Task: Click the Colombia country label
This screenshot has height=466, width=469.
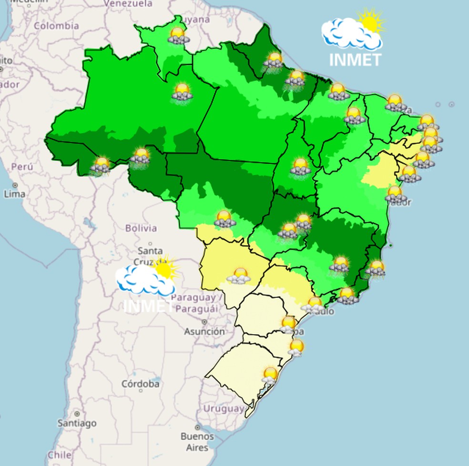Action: pyautogui.click(x=56, y=26)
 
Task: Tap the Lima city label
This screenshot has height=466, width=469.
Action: pyautogui.click(x=14, y=194)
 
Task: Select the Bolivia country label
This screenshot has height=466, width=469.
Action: pyautogui.click(x=141, y=228)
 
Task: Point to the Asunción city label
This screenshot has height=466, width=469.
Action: pyautogui.click(x=204, y=331)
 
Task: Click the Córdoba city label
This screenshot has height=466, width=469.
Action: pyautogui.click(x=140, y=384)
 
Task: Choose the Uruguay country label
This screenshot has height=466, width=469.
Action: pyautogui.click(x=224, y=408)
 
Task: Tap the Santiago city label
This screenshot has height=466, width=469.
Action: pyautogui.click(x=77, y=423)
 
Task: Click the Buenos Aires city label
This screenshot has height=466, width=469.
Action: pyautogui.click(x=194, y=442)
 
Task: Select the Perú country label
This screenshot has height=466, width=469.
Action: pyautogui.click(x=22, y=167)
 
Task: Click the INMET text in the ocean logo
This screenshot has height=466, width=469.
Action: pyautogui.click(x=356, y=60)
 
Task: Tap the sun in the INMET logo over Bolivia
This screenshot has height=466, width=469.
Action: pyautogui.click(x=164, y=268)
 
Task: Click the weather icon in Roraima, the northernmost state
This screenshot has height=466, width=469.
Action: pyautogui.click(x=178, y=35)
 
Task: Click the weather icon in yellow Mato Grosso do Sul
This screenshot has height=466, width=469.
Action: pyautogui.click(x=239, y=276)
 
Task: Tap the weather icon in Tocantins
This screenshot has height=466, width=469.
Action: pyautogui.click(x=300, y=167)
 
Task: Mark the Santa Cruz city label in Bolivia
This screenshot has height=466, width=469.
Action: pyautogui.click(x=150, y=255)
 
